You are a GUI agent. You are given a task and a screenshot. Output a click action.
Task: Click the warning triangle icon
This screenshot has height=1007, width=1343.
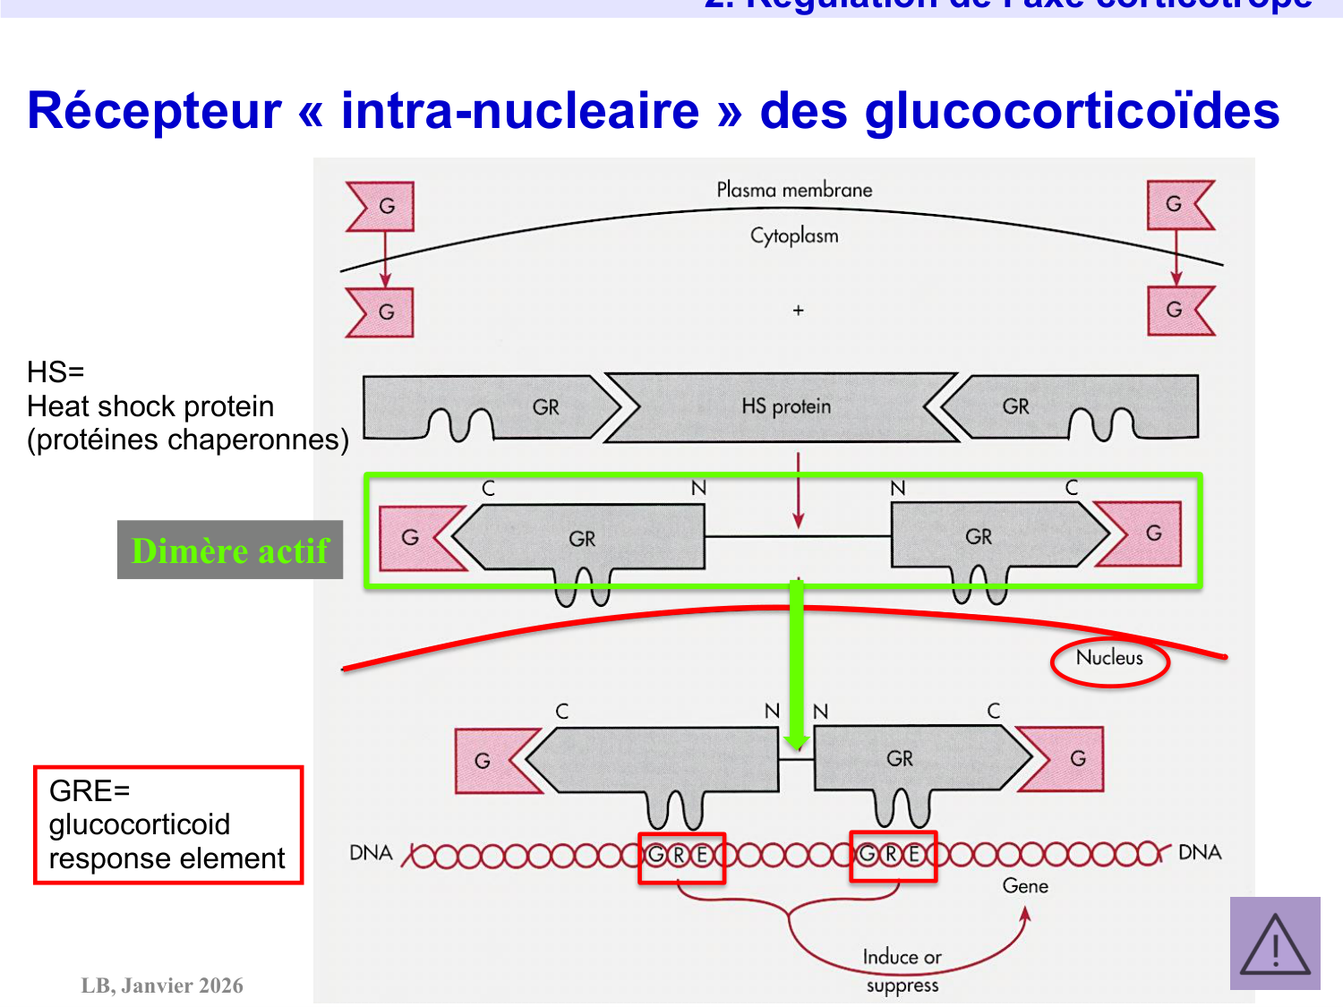1275,944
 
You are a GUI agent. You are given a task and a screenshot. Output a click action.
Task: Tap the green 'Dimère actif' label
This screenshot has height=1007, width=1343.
230,550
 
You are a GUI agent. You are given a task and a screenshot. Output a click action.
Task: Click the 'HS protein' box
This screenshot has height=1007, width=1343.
785,407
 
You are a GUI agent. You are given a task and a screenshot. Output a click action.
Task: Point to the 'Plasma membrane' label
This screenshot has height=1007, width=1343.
794,190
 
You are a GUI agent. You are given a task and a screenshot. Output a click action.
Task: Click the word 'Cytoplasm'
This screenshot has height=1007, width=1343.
794,236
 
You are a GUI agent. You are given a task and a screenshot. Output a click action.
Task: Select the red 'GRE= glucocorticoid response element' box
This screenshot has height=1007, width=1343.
168,824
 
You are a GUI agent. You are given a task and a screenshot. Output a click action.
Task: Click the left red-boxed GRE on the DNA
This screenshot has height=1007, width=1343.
680,857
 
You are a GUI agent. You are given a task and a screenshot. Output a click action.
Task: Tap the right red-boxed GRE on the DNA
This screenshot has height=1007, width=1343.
893,856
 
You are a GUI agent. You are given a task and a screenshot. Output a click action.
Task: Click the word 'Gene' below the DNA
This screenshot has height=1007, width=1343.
1025,886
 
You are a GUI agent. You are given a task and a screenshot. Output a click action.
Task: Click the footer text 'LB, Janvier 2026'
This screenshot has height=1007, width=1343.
162,986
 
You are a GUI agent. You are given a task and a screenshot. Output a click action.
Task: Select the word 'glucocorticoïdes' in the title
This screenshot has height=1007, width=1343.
1072,111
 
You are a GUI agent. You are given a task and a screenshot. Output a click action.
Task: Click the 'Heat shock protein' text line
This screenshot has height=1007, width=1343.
150,406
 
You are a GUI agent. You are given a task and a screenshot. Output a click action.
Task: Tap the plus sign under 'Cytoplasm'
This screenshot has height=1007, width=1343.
799,311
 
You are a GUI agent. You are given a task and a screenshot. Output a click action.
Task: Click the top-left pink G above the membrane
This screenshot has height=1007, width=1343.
385,206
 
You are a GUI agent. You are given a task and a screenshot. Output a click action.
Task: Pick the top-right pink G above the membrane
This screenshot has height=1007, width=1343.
1175,204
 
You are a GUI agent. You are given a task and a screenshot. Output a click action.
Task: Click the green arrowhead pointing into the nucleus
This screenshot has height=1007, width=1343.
796,742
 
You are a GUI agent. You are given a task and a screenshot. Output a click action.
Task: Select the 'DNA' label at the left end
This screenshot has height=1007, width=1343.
371,853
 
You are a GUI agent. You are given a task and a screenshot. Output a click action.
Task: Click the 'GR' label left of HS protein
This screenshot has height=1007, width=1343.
545,407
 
